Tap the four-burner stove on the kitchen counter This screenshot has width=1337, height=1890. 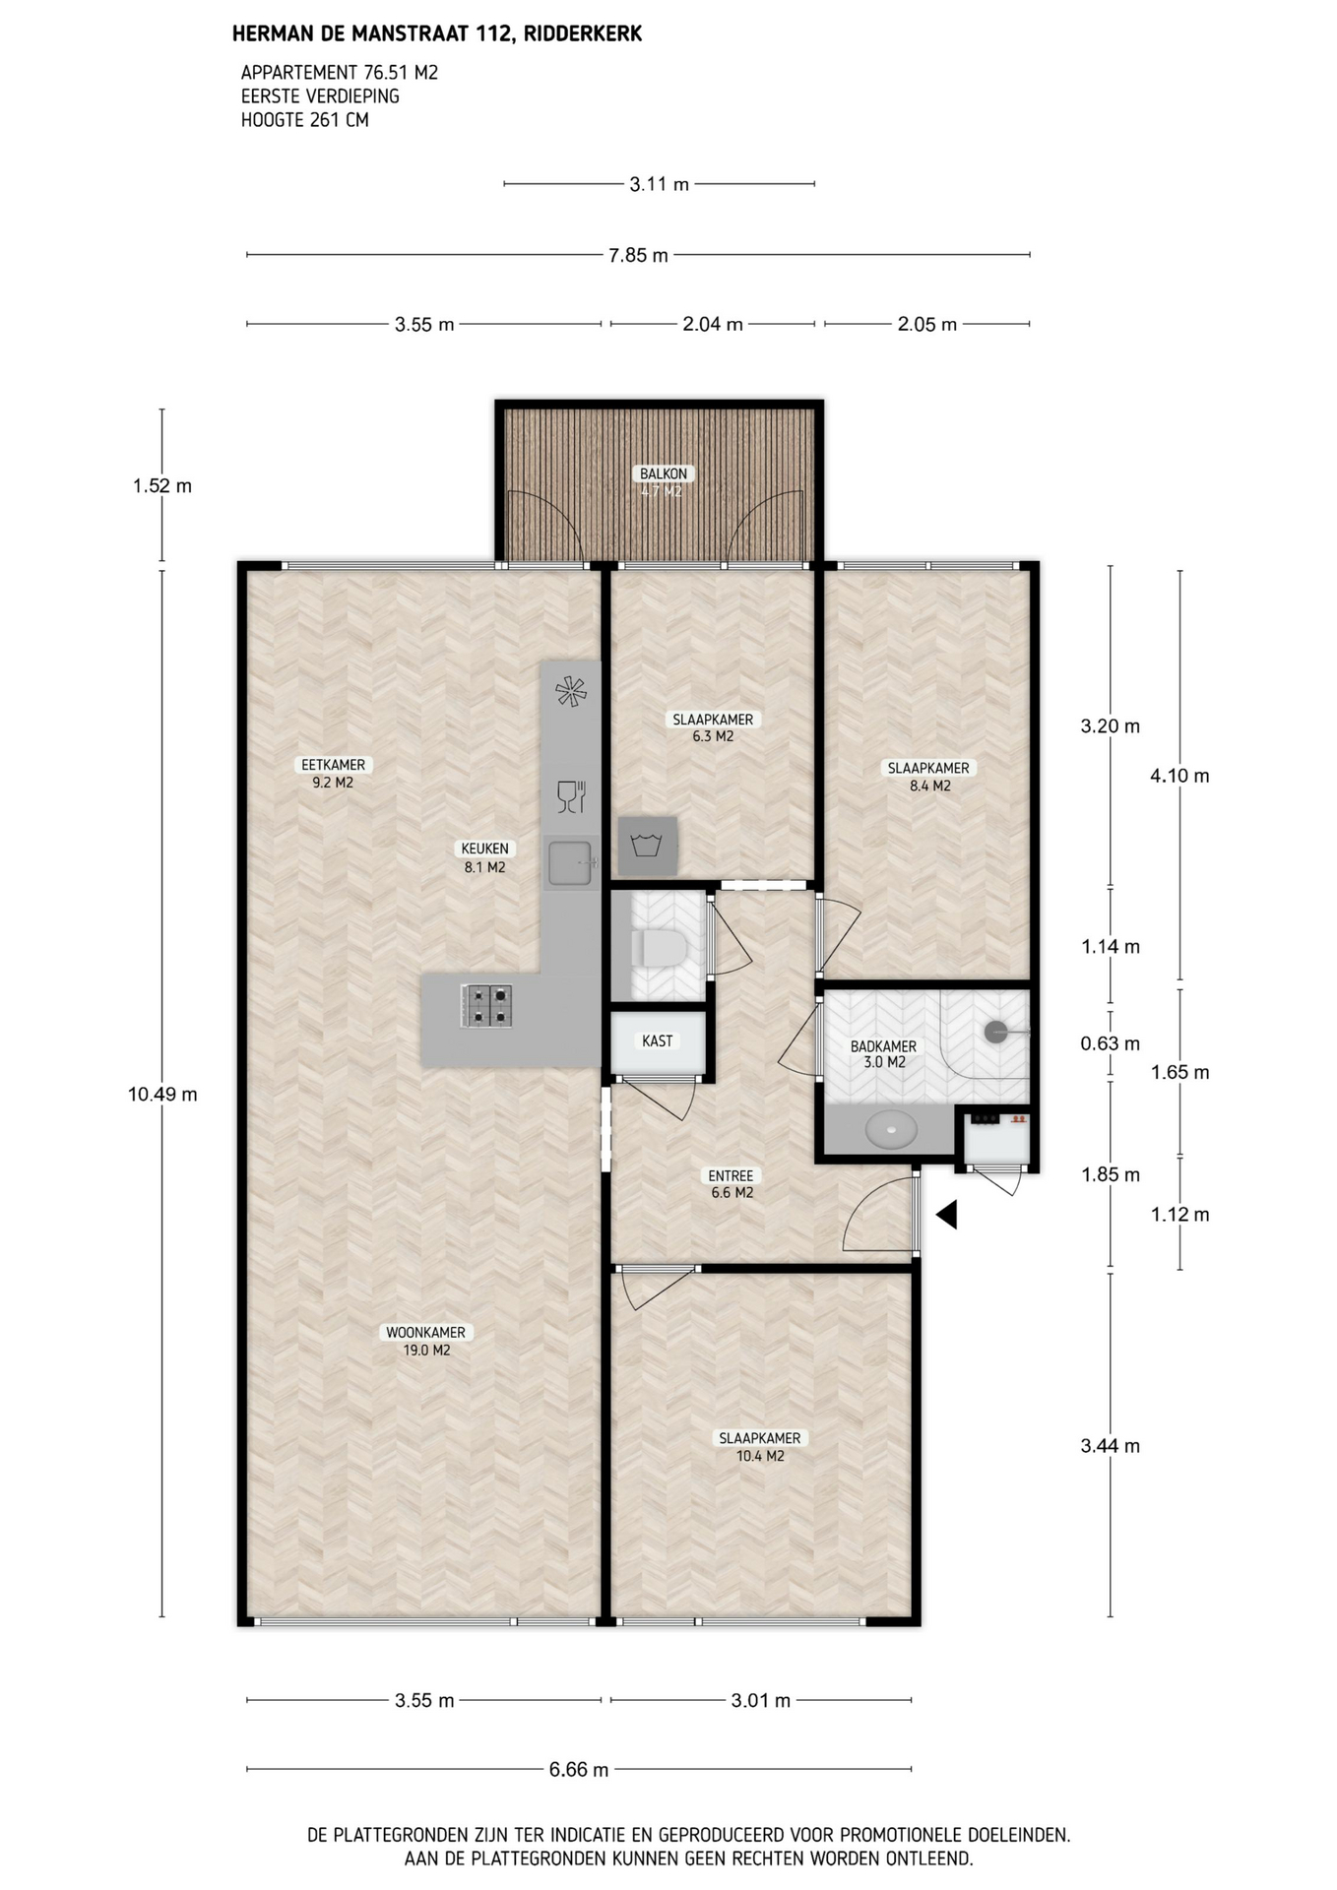pos(486,1006)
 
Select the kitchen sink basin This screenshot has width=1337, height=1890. pos(570,862)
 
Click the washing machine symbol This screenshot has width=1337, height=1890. pos(647,846)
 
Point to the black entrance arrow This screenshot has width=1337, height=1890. pos(946,1215)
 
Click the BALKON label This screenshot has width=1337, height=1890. pos(664,473)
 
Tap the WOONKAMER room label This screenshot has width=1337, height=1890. pos(426,1332)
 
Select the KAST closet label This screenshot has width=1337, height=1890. pos(658,1040)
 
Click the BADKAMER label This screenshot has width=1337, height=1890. pos(883,1046)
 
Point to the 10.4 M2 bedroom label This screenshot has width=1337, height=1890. pos(760,1456)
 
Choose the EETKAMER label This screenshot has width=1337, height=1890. pos(333,765)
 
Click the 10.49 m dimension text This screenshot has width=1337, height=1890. pos(162,1094)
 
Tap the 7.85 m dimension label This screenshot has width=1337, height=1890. pos(638,256)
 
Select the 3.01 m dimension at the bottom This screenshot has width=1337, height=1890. pos(760,1700)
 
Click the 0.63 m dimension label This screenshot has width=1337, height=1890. pos(1110,1043)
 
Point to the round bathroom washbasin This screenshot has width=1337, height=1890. pos(891,1128)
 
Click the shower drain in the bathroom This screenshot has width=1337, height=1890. pos(996,1032)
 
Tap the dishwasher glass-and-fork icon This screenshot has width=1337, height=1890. pos(571,796)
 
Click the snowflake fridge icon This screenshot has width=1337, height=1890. pos(571,691)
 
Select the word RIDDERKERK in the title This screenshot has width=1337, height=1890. pos(583,34)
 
